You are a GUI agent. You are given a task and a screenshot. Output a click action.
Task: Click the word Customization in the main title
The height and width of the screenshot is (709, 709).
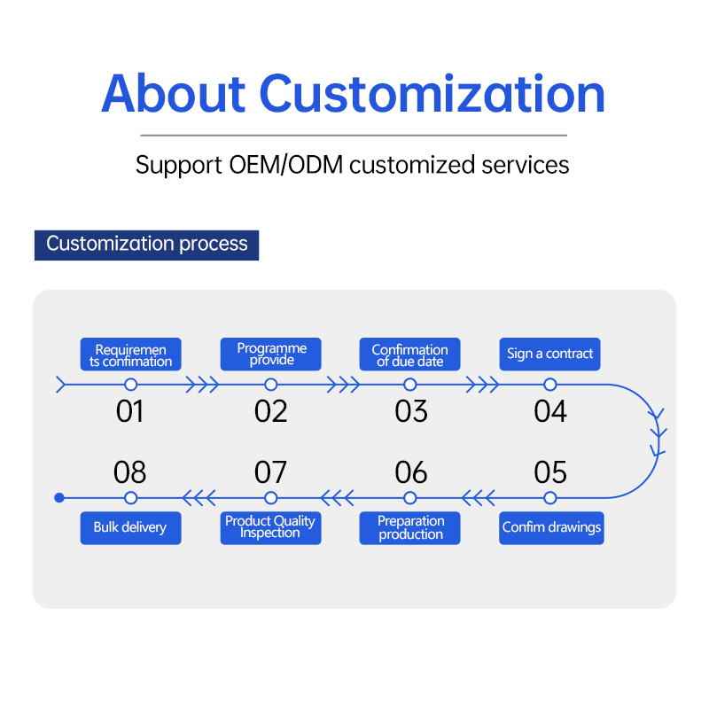432,93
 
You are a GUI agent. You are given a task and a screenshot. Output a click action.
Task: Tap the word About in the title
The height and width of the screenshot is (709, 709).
173,93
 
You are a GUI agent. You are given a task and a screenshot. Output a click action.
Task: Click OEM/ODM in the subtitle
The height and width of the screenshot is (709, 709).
285,165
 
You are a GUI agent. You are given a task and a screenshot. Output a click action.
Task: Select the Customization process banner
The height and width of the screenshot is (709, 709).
146,245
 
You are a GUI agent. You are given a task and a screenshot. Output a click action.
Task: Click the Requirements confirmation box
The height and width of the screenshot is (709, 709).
130,354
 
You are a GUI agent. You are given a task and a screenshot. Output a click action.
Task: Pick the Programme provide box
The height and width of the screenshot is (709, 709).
271,354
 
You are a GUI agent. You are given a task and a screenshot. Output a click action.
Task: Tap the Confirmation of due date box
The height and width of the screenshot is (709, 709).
409,354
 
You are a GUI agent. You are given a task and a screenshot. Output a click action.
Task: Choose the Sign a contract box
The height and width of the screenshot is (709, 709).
549,354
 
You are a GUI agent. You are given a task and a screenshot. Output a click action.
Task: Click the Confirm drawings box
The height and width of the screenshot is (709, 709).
551,527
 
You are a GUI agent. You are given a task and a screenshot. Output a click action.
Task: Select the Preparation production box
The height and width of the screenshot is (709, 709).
409,527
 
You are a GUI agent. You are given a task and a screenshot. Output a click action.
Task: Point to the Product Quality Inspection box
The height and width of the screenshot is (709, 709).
271,527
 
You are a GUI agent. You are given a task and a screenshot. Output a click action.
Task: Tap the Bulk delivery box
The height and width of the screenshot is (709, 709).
130,527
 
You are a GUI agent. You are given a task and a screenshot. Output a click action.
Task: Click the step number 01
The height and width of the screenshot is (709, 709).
129,411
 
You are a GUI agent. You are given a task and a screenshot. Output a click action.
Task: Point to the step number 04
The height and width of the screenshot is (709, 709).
549,411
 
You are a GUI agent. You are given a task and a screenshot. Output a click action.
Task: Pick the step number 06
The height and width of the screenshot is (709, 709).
410,472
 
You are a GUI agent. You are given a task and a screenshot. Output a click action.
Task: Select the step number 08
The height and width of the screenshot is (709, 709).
129,472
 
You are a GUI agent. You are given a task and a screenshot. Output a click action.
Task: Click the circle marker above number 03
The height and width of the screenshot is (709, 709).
410,385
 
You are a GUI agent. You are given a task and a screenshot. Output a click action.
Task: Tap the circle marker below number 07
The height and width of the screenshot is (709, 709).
271,498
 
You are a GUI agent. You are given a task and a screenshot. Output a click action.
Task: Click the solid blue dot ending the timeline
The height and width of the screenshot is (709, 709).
59,498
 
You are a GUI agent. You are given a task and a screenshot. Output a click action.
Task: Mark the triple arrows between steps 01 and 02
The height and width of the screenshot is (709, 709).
202,385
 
